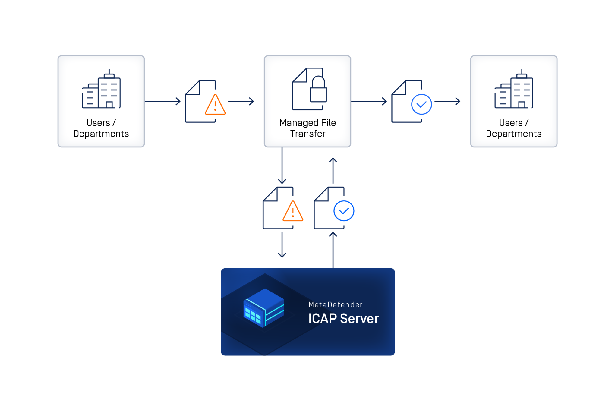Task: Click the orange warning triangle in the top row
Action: [215, 105]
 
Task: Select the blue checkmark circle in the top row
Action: [421, 104]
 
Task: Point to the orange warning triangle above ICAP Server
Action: [293, 211]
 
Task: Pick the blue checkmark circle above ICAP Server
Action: [344, 211]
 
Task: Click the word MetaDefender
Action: [335, 305]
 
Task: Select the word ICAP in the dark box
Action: [322, 319]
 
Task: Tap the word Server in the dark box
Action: [359, 319]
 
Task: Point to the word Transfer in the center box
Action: [307, 134]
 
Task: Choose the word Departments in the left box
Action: [101, 134]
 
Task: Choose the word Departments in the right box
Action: [514, 134]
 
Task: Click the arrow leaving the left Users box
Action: [163, 101]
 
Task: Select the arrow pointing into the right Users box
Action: [447, 101]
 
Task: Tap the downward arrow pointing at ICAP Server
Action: [282, 245]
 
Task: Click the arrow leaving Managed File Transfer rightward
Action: [369, 101]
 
